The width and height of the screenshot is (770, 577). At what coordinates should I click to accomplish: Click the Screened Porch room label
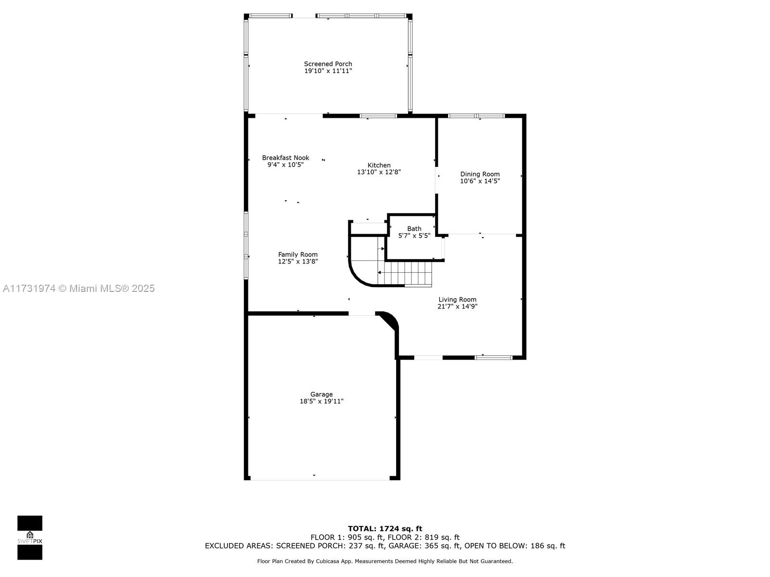(328, 64)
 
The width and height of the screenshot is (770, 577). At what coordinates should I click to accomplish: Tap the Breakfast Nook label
(285, 158)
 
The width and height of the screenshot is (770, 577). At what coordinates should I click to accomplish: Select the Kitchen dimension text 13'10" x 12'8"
(379, 172)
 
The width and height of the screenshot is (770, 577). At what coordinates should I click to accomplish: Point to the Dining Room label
(480, 174)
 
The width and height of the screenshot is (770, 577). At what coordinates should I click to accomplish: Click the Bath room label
(414, 229)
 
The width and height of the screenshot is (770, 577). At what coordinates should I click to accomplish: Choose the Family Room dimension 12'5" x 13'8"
(298, 262)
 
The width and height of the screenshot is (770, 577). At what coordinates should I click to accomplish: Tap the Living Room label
(458, 300)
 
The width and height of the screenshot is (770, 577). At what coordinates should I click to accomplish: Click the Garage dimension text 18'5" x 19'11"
(321, 401)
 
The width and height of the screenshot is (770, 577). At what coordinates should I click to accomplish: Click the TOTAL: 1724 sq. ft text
(385, 528)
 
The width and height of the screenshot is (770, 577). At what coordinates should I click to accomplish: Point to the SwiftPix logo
(30, 538)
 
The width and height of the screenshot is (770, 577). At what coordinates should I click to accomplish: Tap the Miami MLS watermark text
(78, 288)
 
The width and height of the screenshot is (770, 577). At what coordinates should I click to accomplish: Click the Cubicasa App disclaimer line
(385, 561)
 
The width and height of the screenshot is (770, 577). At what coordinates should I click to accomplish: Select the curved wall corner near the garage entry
(389, 319)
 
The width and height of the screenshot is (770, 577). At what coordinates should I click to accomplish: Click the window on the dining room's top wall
(476, 116)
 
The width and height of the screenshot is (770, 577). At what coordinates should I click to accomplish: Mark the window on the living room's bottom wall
(494, 358)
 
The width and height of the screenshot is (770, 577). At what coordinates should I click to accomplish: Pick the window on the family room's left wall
(246, 245)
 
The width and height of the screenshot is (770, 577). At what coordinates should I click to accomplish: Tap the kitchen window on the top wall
(378, 116)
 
